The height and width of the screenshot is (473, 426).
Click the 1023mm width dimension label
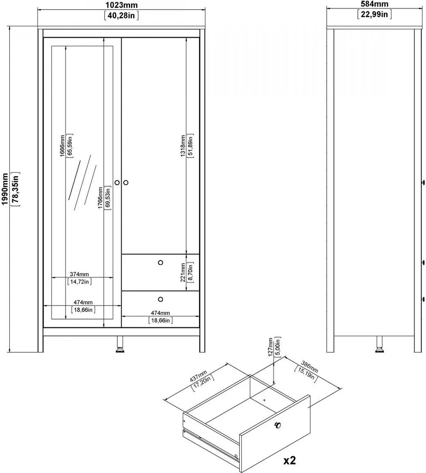tap(121, 5)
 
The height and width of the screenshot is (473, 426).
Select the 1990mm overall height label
tap(6, 190)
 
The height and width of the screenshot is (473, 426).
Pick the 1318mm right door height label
tap(183, 147)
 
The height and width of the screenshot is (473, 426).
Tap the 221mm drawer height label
tap(184, 272)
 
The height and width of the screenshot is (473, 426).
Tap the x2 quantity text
tap(289, 460)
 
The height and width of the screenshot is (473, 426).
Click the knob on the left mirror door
tap(117, 183)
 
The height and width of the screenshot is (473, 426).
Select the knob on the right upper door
tap(126, 183)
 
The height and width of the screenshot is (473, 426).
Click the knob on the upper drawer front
tap(160, 262)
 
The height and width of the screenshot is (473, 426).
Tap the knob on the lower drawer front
tap(160, 299)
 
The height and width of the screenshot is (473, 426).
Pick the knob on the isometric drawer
tap(278, 425)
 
